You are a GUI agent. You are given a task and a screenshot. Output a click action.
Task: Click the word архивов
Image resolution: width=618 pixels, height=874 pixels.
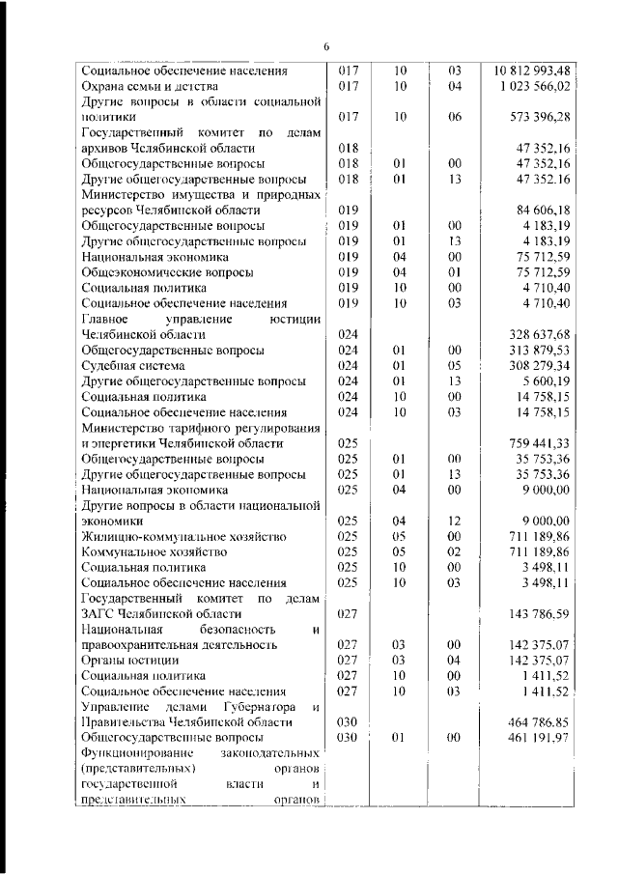coord(105,149)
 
